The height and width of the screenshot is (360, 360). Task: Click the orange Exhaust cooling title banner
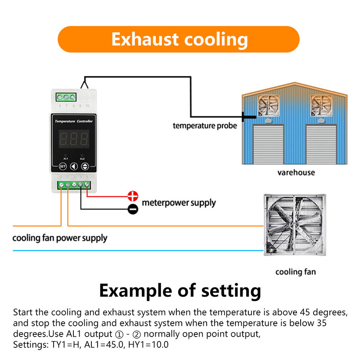(x=179, y=39)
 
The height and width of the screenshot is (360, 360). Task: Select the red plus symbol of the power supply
(x=133, y=196)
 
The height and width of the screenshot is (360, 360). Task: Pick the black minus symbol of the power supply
(x=133, y=209)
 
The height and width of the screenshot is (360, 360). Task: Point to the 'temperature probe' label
(x=205, y=126)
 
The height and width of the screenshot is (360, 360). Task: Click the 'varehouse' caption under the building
(x=296, y=172)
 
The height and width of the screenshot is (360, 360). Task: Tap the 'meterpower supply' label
(x=179, y=203)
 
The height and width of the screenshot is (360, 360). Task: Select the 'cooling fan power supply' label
(x=60, y=238)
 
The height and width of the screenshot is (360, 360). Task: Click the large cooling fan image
(x=294, y=225)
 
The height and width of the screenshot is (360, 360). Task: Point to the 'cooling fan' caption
(x=295, y=272)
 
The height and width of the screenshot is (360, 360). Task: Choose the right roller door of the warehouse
(x=322, y=144)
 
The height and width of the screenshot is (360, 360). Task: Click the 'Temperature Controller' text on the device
(x=73, y=121)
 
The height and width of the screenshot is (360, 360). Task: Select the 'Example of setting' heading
(x=180, y=290)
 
